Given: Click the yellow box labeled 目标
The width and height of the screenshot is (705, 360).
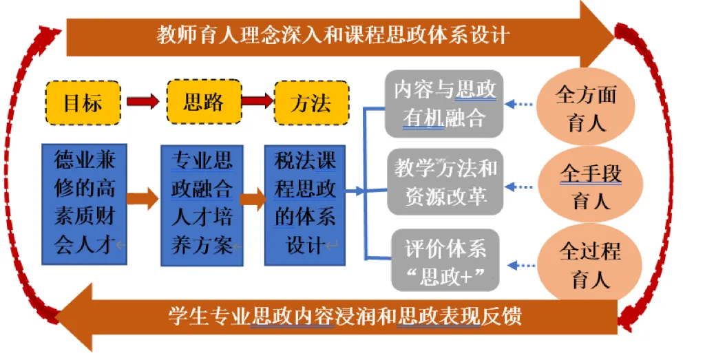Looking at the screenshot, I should (83, 103).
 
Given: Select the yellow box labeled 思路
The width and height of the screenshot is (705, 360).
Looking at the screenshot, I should (204, 103).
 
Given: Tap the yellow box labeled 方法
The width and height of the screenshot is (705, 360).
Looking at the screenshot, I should (311, 103).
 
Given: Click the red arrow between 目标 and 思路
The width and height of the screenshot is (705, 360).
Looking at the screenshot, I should (143, 103).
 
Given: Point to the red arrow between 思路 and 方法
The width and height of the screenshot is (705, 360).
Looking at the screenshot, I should (257, 103).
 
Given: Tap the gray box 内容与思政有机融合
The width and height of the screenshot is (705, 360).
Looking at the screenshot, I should (444, 103).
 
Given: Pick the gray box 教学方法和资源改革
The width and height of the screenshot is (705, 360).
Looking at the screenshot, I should (444, 181).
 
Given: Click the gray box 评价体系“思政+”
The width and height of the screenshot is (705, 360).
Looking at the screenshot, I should (444, 260).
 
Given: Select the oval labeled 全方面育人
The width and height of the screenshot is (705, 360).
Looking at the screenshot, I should (586, 108).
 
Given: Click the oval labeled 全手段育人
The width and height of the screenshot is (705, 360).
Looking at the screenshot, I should (591, 186).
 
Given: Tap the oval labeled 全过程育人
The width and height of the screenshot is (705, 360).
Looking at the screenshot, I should (589, 264).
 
